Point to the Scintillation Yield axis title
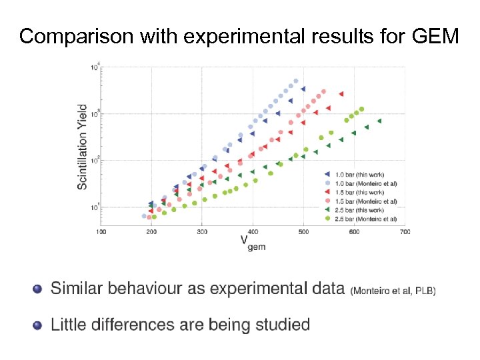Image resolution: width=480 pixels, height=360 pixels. pyautogui.click(x=83, y=146)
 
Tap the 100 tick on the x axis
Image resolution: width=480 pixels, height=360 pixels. pyautogui.click(x=101, y=232)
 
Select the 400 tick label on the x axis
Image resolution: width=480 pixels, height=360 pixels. pyautogui.click(x=253, y=232)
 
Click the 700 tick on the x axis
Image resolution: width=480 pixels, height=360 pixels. pyautogui.click(x=405, y=232)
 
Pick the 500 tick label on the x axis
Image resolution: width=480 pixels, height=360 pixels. pyautogui.click(x=303, y=232)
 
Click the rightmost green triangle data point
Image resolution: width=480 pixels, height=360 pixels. pyautogui.click(x=379, y=121)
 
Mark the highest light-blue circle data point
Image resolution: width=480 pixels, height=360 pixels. pyautogui.click(x=296, y=81)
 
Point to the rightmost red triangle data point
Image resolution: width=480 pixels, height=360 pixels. pyautogui.click(x=341, y=94)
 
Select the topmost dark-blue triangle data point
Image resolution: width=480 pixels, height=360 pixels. pyautogui.click(x=303, y=89)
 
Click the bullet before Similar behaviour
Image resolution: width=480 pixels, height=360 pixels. pyautogui.click(x=37, y=289)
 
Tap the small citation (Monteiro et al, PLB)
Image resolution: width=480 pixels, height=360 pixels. pyautogui.click(x=393, y=291)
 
